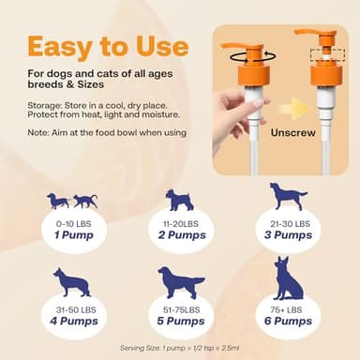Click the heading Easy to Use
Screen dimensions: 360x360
click(106, 46)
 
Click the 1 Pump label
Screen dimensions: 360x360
click(72, 236)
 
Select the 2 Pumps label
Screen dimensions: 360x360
click(181, 236)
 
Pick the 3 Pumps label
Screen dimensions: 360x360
click(288, 235)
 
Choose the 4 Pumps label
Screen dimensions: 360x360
click(72, 321)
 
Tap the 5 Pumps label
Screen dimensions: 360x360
click(181, 321)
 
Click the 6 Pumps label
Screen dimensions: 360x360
click(288, 321)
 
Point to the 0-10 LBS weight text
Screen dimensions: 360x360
click(72, 225)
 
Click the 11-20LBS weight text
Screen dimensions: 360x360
click(181, 225)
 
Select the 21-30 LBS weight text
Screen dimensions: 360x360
click(288, 224)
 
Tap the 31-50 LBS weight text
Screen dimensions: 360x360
click(72, 308)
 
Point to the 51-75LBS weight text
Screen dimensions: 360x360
click(181, 308)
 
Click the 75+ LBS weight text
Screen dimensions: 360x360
click(288, 308)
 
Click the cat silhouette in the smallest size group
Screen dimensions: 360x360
click(85, 201)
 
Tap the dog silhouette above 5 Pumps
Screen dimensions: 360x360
click(181, 282)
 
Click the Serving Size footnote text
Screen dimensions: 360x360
click(180, 347)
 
